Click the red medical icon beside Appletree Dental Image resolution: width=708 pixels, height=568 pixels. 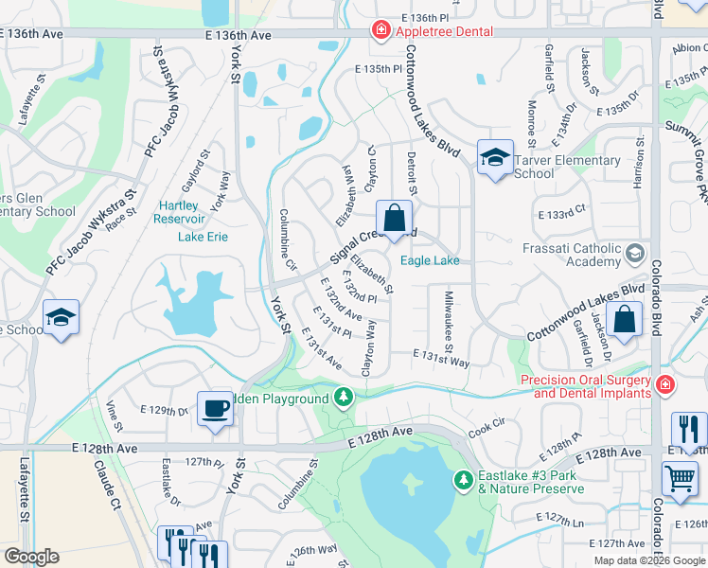click(381, 31)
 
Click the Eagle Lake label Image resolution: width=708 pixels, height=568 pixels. click(430, 261)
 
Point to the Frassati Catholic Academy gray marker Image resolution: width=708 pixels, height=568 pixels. click(633, 254)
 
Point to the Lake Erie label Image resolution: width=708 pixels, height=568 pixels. click(203, 236)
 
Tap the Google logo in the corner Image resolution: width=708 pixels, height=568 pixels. click(32, 557)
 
